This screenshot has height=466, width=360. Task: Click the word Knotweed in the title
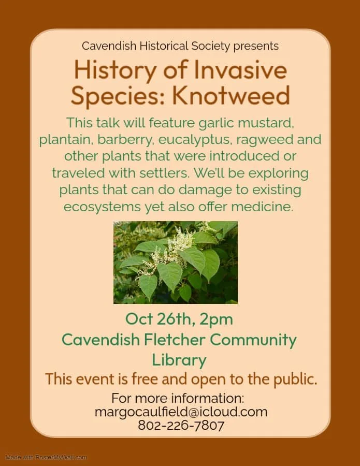pos(231,95)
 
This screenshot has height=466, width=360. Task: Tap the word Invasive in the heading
pos(240,70)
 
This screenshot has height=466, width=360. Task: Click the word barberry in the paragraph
pos(125,140)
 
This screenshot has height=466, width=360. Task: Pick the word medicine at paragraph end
pos(262,207)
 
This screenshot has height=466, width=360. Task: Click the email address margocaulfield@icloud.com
pos(181,412)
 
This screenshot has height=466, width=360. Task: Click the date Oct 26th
pos(160,319)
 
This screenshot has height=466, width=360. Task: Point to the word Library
pos(179,360)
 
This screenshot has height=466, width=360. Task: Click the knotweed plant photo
pos(176,263)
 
